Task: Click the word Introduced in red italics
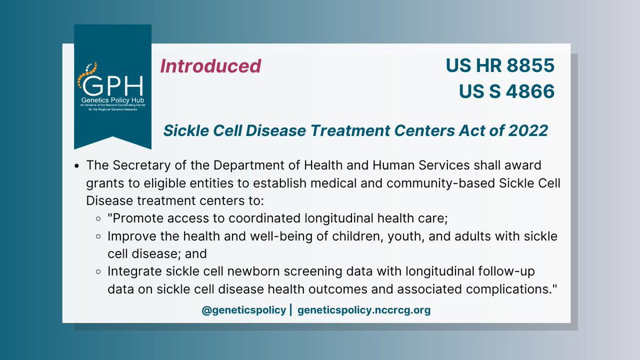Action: pyautogui.click(x=211, y=66)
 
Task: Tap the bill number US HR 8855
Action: pyautogui.click(x=500, y=66)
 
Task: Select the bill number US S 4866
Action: pyautogui.click(x=507, y=91)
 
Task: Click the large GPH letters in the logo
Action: pyautogui.click(x=113, y=85)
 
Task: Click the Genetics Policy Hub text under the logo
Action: pyautogui.click(x=112, y=101)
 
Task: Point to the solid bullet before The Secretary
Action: pyautogui.click(x=78, y=167)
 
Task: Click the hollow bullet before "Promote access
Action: pyautogui.click(x=99, y=219)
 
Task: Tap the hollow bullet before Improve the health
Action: pyautogui.click(x=99, y=236)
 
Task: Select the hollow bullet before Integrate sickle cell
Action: pyautogui.click(x=99, y=271)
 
